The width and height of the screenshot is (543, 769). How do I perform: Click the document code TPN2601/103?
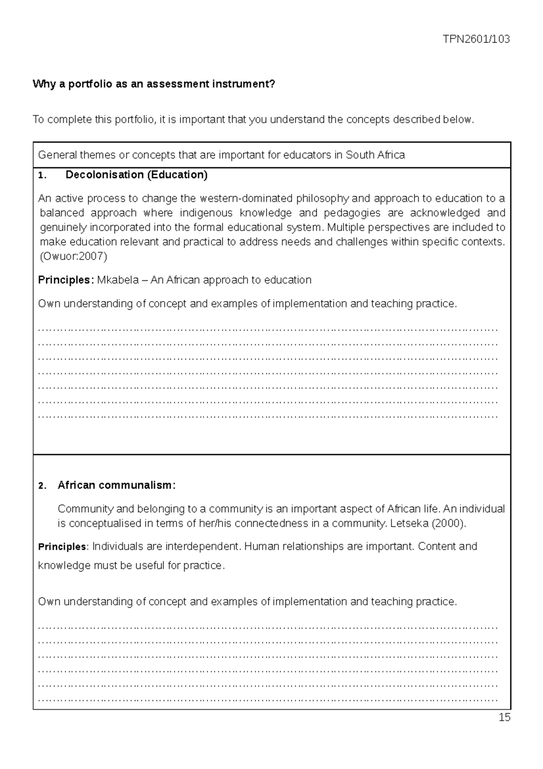(476, 39)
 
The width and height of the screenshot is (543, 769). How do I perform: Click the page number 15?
(504, 717)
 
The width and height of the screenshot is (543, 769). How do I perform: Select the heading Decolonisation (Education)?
(136, 175)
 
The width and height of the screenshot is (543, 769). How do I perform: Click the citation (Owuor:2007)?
(73, 257)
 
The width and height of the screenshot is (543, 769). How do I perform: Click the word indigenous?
(206, 213)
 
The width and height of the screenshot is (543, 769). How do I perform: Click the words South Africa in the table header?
(375, 155)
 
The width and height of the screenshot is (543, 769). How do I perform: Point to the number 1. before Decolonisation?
(42, 176)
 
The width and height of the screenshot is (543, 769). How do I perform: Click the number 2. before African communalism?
(42, 486)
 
